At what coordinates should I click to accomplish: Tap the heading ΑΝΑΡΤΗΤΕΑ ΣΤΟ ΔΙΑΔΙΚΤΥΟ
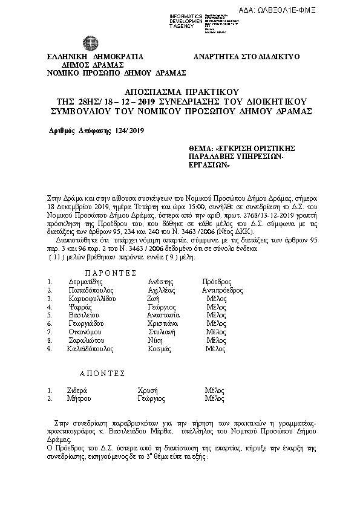(246, 56)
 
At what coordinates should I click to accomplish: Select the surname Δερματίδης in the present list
(85, 282)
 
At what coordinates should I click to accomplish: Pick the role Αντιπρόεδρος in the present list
(222, 290)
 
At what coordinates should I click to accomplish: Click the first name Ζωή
(153, 299)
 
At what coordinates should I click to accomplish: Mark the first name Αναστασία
(163, 315)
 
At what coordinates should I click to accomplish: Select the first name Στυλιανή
(163, 332)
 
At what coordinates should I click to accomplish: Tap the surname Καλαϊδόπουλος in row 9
(91, 349)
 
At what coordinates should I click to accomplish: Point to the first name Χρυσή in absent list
(148, 391)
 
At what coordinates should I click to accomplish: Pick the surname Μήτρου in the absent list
(79, 399)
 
